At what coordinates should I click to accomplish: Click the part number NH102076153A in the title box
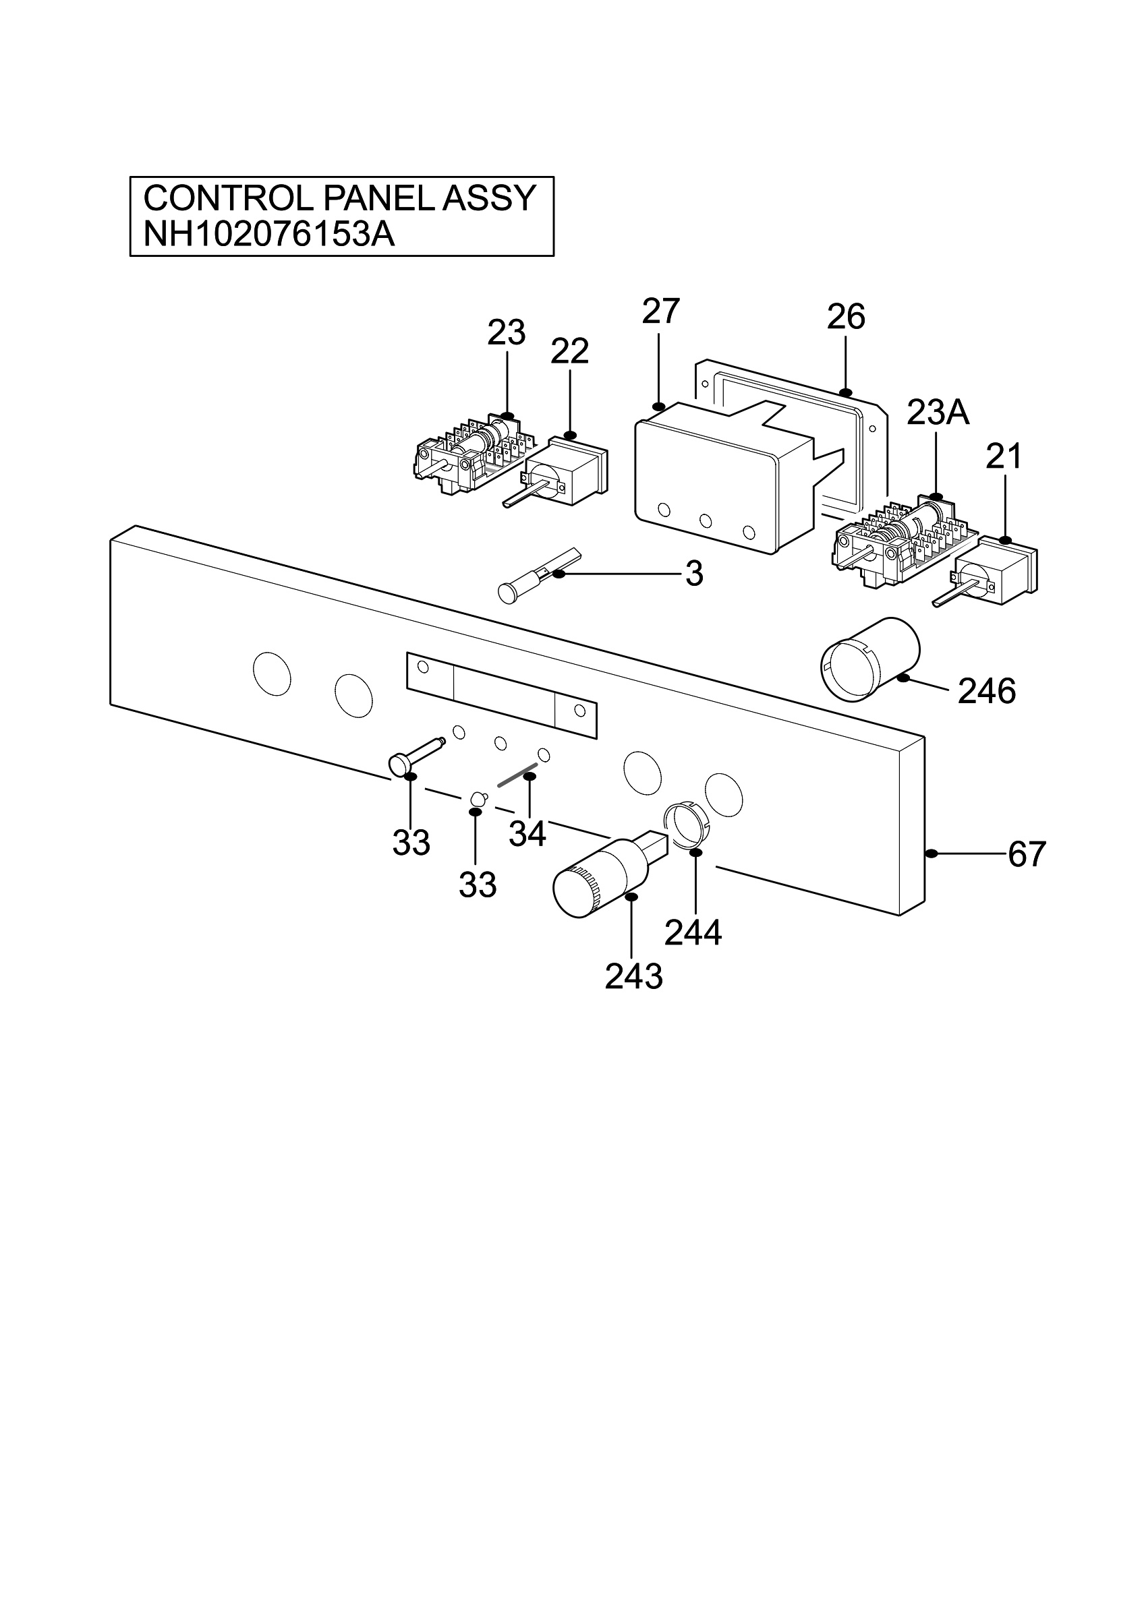point(268,235)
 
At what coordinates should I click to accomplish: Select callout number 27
point(660,311)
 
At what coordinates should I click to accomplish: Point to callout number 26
point(846,318)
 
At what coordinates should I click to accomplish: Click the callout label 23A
point(938,413)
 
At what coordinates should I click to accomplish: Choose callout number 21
point(1004,457)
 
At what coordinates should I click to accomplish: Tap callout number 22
point(569,352)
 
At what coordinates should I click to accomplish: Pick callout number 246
point(987,691)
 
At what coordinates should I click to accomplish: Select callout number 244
point(693,934)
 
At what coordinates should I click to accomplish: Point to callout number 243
point(633,977)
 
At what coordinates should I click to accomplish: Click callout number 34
point(527,835)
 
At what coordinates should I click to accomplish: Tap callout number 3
point(694,575)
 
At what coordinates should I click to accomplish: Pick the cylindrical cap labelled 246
point(871,659)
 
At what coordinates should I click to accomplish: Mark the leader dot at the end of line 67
point(931,854)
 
